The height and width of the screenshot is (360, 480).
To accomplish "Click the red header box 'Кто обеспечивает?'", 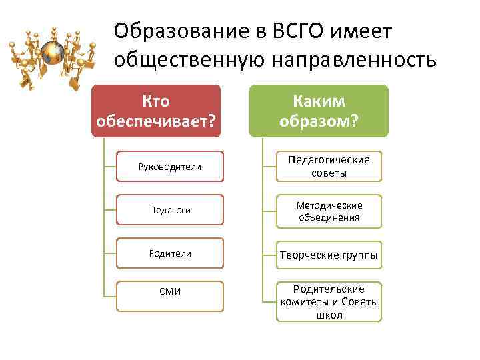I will coord(155,111).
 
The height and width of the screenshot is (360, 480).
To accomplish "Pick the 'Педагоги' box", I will coord(169,210).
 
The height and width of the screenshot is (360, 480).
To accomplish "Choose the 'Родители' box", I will coord(169,253).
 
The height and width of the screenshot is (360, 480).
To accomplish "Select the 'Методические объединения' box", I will coord(329,211).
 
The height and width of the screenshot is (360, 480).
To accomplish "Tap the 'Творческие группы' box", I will coord(329,255).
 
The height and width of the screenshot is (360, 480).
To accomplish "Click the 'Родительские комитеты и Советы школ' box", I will coord(329,301).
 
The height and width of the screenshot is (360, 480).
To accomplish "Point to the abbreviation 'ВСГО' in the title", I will coord(297,31).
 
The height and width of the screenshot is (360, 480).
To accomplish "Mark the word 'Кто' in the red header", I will coord(155,101).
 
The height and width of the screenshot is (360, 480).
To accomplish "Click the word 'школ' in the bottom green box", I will coord(329,315).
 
